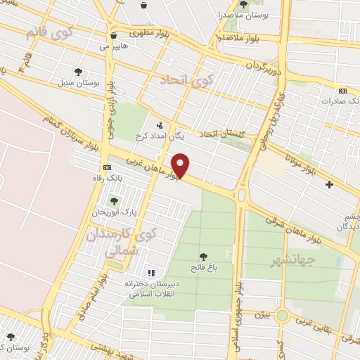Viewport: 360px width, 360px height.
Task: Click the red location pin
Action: point(181,166)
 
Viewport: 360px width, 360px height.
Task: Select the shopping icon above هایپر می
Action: point(113,36)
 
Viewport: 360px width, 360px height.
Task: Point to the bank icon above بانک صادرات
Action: point(342,91)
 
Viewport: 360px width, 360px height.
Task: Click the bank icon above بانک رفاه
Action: point(106,167)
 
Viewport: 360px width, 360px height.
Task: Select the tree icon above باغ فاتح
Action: point(204,257)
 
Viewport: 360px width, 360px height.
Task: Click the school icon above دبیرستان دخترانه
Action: point(150,273)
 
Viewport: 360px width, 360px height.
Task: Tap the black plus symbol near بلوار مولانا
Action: point(329,184)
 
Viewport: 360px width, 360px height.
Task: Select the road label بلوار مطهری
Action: point(154,32)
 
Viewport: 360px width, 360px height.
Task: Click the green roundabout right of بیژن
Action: point(282,316)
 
